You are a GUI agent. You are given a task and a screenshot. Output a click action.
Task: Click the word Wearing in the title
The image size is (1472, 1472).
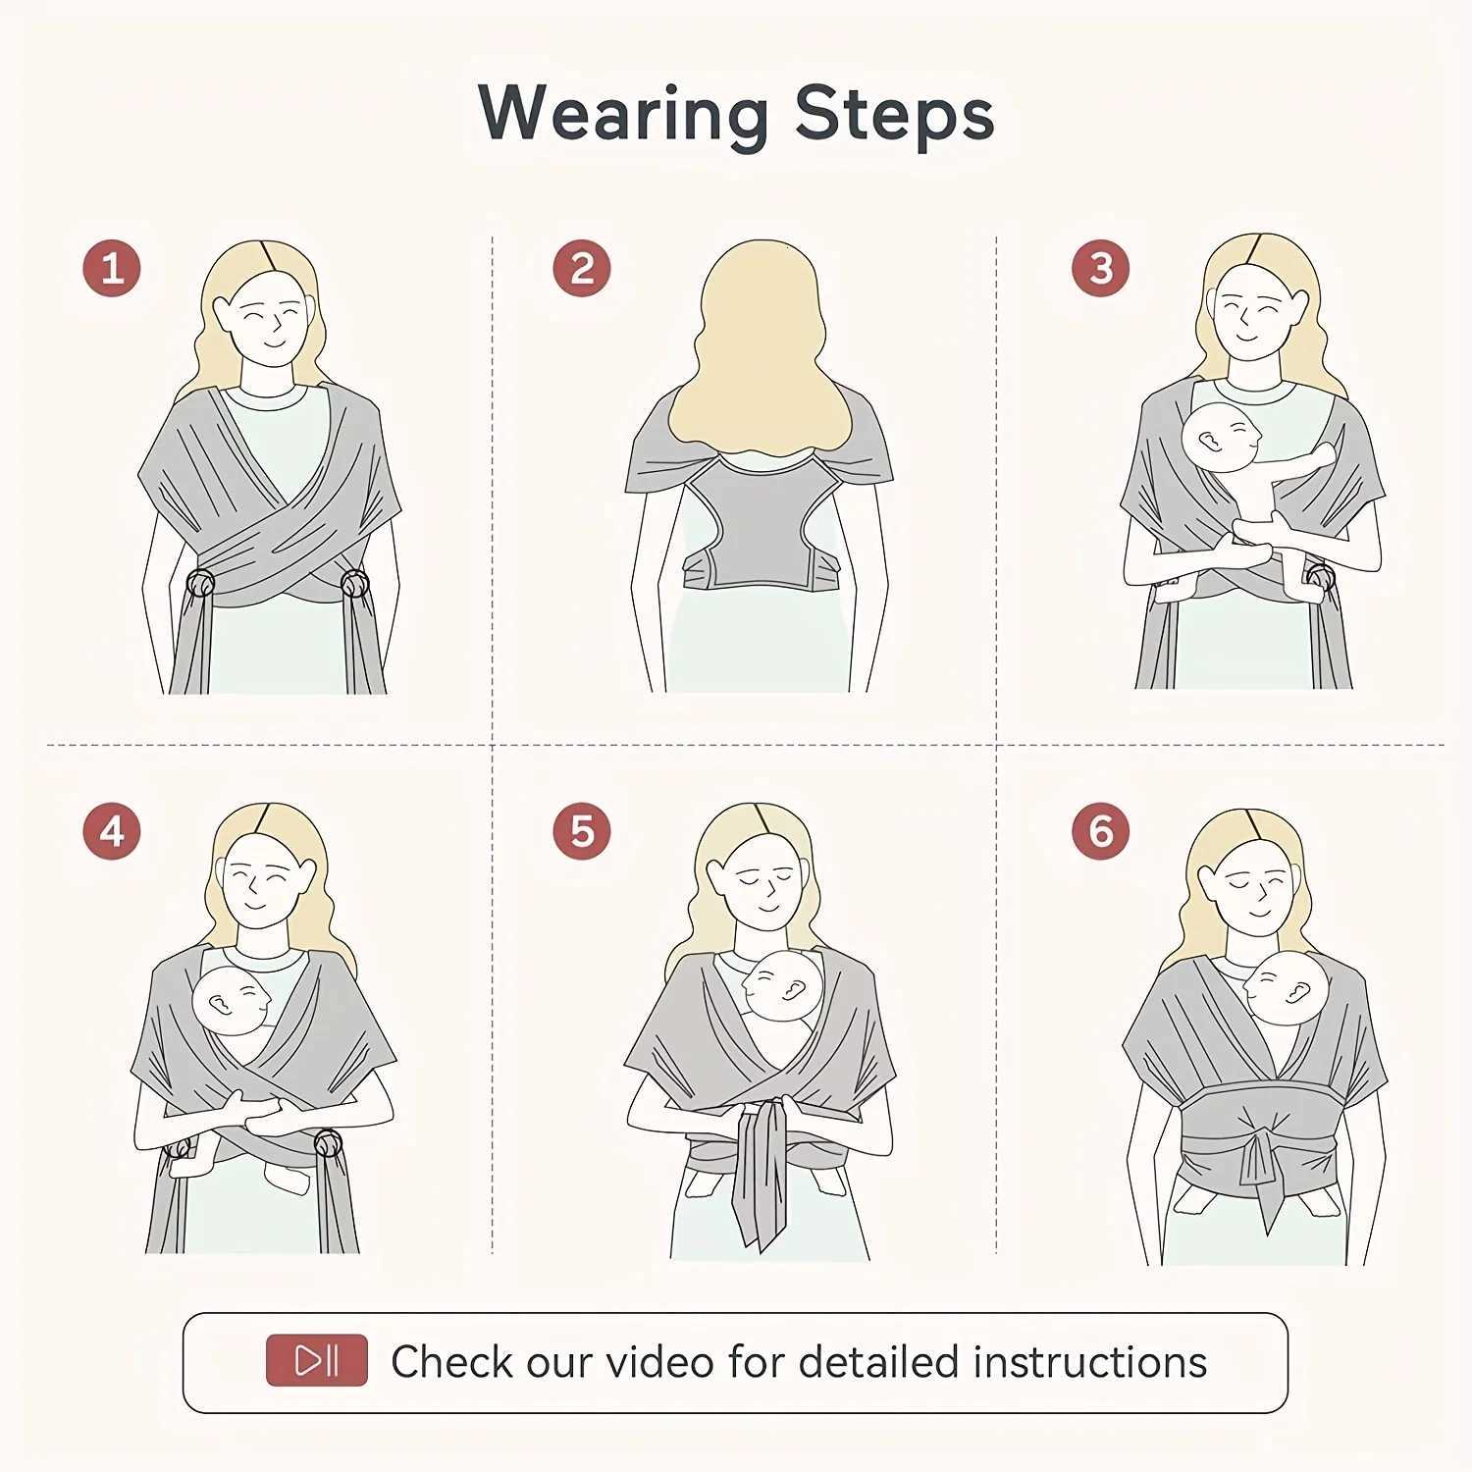tap(623, 115)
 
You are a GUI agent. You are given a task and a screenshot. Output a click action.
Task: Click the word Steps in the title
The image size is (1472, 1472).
tap(894, 115)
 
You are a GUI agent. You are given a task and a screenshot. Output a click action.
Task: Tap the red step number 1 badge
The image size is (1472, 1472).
tap(112, 268)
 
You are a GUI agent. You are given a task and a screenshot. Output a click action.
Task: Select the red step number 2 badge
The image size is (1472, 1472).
tap(581, 268)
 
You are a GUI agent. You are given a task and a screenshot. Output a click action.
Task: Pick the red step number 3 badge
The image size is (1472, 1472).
tap(1100, 268)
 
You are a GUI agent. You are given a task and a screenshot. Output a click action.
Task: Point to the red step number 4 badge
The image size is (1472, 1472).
tap(112, 831)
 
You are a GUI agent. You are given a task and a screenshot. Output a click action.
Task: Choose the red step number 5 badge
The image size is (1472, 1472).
tap(581, 831)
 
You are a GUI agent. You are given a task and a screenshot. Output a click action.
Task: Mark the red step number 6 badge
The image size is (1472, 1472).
tap(1100, 831)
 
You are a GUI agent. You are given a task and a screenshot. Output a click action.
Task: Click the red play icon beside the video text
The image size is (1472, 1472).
tap(317, 1360)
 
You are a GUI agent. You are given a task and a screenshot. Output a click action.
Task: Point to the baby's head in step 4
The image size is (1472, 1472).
tap(230, 1002)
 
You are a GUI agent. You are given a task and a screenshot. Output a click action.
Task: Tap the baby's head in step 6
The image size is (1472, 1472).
tap(1285, 988)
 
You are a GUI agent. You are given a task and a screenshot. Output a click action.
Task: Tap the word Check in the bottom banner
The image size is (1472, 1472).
tap(451, 1362)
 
